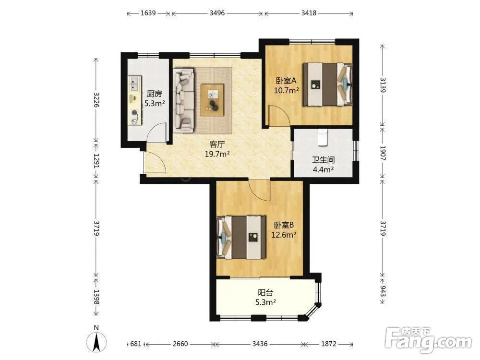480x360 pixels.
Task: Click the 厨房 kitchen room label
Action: [x=154, y=94]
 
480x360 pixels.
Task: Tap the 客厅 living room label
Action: [x=217, y=144]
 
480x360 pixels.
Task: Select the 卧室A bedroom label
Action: [x=286, y=81]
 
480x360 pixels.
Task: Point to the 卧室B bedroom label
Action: [x=284, y=225]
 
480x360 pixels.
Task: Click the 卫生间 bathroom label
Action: [x=323, y=159]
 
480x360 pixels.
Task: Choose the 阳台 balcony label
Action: [x=265, y=292]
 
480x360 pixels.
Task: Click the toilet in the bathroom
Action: [x=323, y=137]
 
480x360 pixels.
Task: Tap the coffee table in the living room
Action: [x=213, y=100]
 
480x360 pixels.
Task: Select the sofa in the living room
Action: [x=184, y=100]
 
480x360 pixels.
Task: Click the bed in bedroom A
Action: [x=327, y=84]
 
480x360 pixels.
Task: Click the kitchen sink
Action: [x=134, y=84]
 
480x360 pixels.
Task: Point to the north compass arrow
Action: [x=96, y=342]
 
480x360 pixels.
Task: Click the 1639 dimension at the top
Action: [x=148, y=13]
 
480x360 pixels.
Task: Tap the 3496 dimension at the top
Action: [x=217, y=13]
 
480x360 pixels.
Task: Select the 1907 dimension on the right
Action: [x=383, y=153]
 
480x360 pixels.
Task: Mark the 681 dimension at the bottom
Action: [x=136, y=344]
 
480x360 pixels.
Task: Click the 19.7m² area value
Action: [x=217, y=154]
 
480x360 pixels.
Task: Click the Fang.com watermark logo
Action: [x=428, y=339]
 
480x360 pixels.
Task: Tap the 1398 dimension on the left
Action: [x=96, y=297]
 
